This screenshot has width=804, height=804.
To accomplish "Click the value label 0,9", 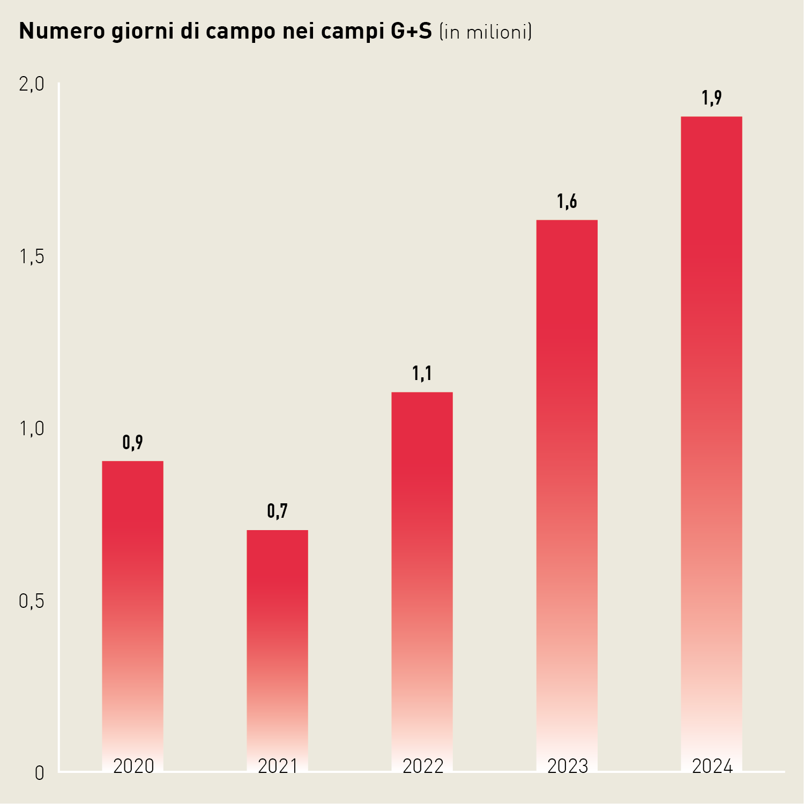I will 133,443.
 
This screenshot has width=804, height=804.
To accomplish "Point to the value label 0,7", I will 278,511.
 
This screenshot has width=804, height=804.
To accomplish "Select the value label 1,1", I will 422,374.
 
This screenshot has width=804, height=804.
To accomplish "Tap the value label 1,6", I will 567,202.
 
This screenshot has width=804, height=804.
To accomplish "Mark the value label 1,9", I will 712,98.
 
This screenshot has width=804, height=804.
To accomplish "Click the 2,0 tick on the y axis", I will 32,84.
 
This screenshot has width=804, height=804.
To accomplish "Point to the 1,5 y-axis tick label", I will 32,257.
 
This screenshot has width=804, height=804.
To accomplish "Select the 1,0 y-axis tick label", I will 32,429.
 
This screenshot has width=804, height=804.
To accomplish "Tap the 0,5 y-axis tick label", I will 32,601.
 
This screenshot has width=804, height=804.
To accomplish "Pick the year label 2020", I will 133,766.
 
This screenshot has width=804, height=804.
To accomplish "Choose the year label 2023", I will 568,766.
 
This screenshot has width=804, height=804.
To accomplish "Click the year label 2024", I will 712,766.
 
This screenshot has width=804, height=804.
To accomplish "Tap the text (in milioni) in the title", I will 486,32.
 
